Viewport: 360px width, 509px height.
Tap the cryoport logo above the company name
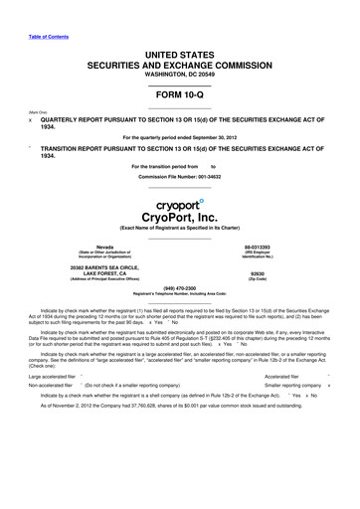coord(180,204)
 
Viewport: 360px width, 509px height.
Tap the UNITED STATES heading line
coord(179,50)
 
